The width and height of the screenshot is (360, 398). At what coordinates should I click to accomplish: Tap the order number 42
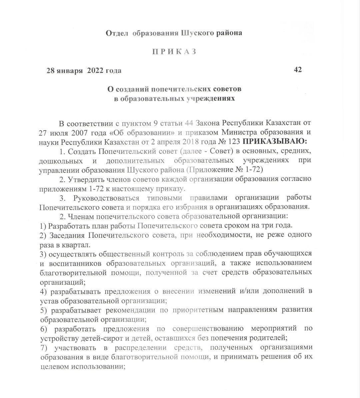coord(298,70)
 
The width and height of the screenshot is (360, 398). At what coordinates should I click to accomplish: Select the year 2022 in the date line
coord(95,71)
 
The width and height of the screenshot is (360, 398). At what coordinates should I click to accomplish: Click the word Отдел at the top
coord(117,33)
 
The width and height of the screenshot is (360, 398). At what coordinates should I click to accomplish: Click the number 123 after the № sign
coord(230,141)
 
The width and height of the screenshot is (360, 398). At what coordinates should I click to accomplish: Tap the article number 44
coord(189,123)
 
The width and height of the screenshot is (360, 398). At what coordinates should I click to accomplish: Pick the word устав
coord(48,301)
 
